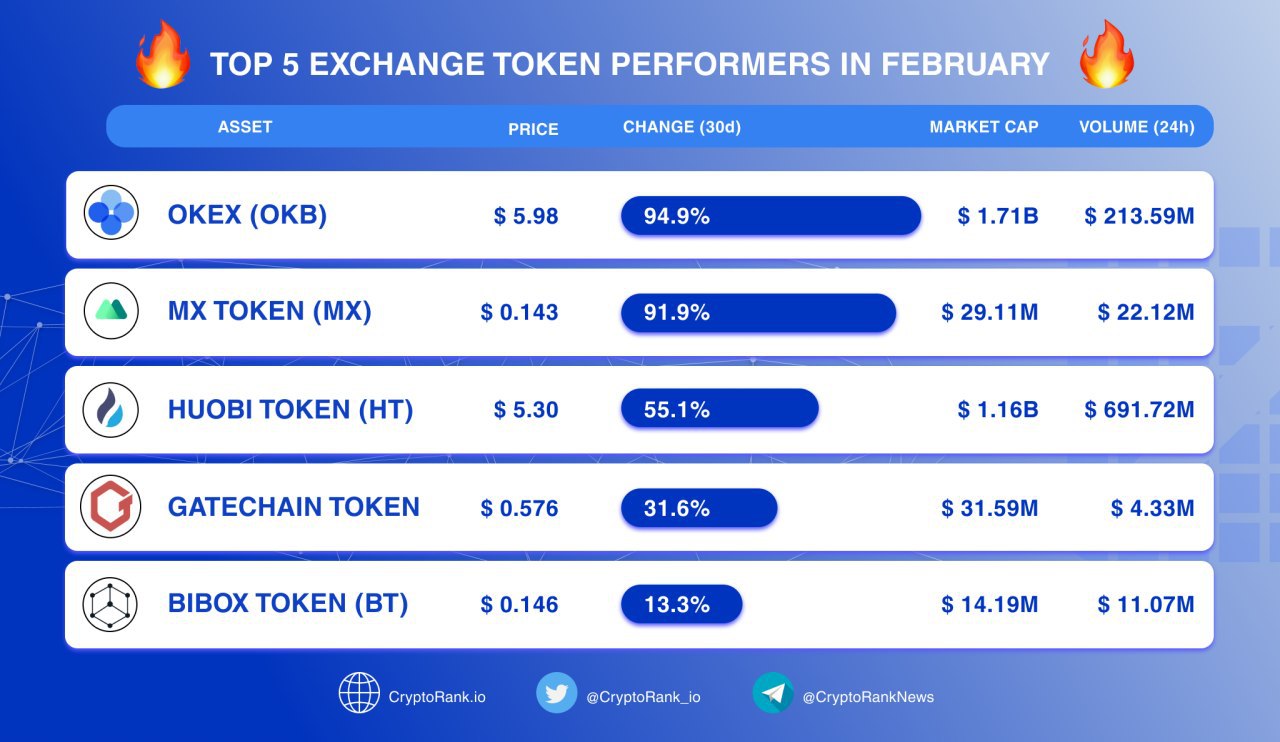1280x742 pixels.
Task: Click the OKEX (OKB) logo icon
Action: [x=111, y=212]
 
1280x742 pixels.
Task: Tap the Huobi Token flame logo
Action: [x=111, y=409]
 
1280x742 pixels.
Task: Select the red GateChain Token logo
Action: [x=111, y=506]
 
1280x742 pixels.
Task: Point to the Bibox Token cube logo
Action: [x=110, y=604]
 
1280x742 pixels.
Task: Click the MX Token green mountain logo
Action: [x=111, y=310]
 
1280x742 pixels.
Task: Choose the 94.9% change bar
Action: [x=771, y=216]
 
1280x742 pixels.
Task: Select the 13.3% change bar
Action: [x=682, y=604]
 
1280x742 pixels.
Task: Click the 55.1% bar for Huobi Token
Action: [x=720, y=408]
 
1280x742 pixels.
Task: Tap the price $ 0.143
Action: [x=519, y=312]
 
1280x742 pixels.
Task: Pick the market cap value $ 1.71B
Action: [x=998, y=216]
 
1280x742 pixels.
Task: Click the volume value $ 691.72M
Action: [x=1139, y=409]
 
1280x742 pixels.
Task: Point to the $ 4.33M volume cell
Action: [x=1153, y=508]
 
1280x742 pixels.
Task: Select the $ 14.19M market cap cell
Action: [x=990, y=604]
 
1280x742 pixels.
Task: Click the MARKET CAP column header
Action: [x=984, y=126]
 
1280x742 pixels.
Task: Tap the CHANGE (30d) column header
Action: [x=682, y=127]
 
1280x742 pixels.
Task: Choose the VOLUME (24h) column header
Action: [x=1137, y=127]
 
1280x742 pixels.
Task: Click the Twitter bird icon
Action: [x=557, y=693]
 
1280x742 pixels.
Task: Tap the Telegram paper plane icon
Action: [x=773, y=693]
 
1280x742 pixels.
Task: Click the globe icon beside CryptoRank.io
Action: [x=359, y=693]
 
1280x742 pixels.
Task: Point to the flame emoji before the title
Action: [x=163, y=54]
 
